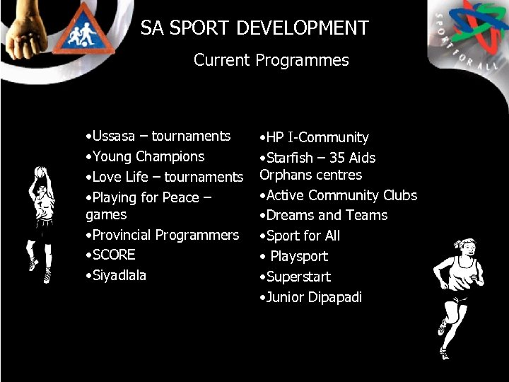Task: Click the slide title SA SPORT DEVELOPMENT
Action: pyautogui.click(x=255, y=28)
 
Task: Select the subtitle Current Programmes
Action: pyautogui.click(x=271, y=61)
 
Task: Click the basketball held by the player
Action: pyautogui.click(x=40, y=172)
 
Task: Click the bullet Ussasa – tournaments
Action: pyautogui.click(x=157, y=136)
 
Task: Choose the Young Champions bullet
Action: pyautogui.click(x=144, y=156)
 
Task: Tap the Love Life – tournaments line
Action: pyautogui.click(x=163, y=177)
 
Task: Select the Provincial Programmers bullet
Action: pyautogui.click(x=162, y=235)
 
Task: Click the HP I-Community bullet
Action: pyautogui.click(x=314, y=137)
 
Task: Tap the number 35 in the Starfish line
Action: pyautogui.click(x=337, y=158)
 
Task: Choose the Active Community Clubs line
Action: pyautogui.click(x=339, y=195)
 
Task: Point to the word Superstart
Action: pyautogui.click(x=298, y=277)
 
